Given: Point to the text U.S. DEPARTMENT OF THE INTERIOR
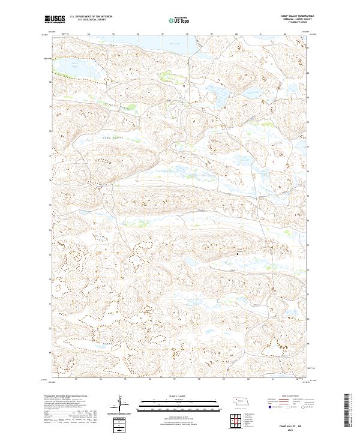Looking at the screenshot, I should (91, 17).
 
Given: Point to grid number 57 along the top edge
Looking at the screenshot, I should (163, 34).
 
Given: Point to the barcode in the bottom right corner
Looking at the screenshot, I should (346, 411).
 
